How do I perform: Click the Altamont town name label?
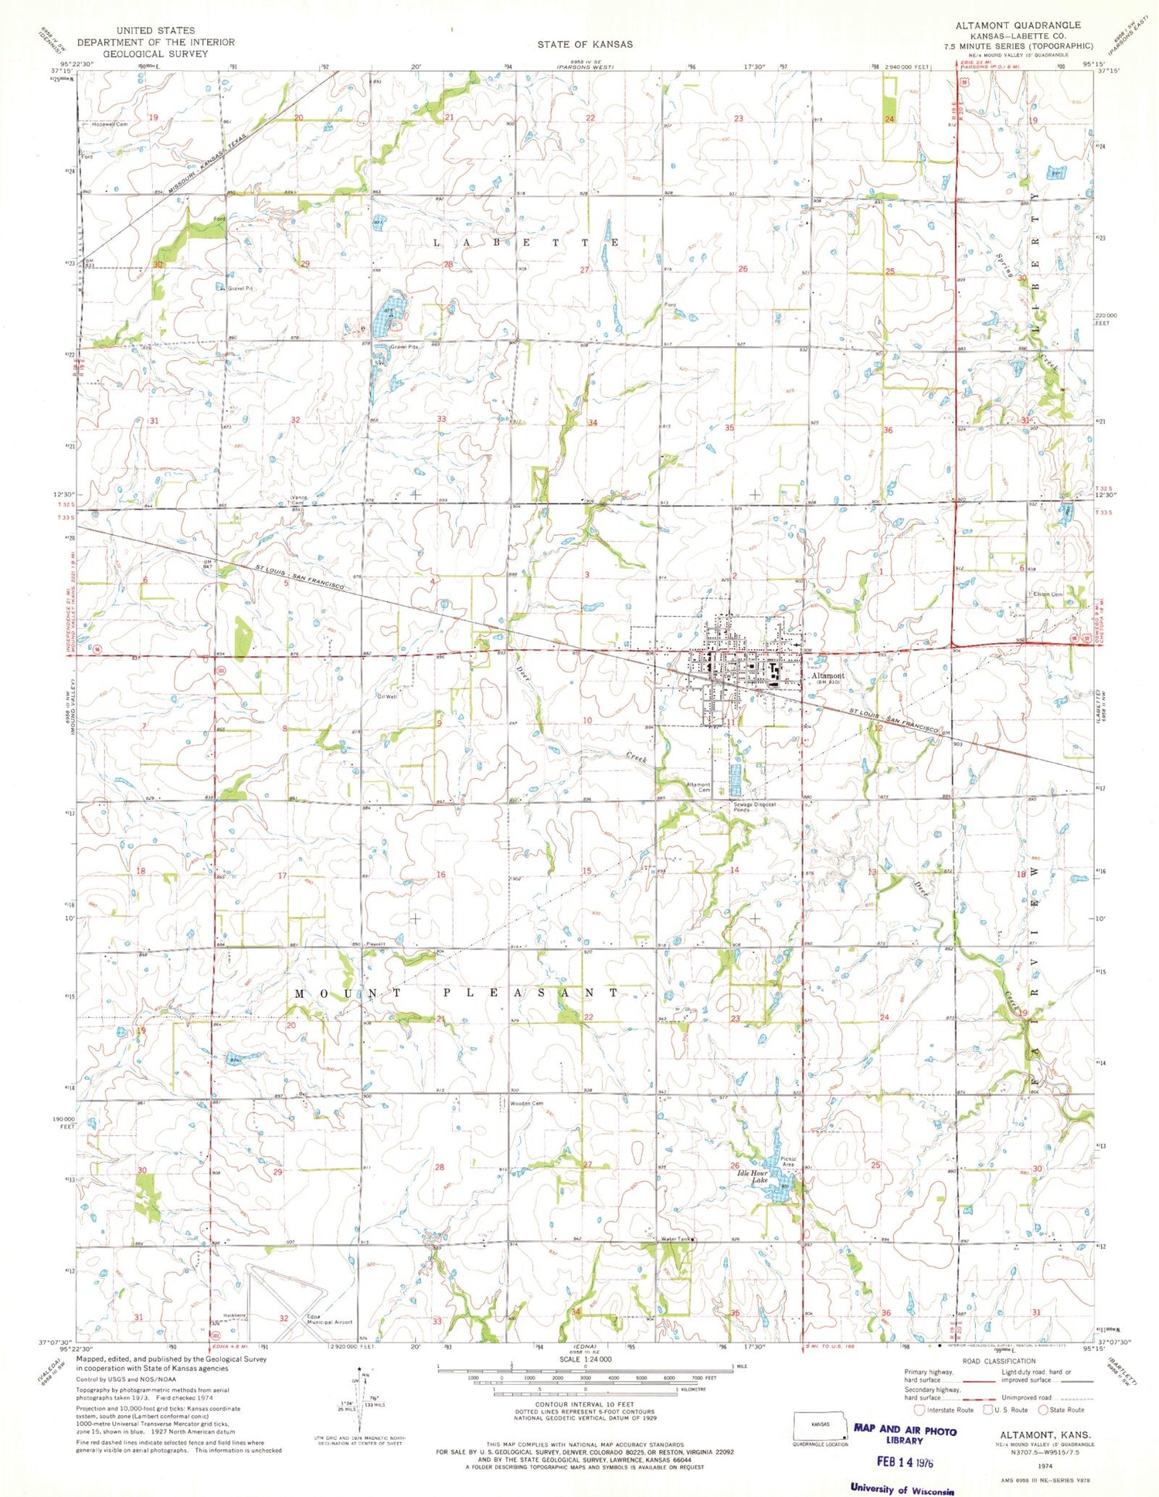click(828, 675)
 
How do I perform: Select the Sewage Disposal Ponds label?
click(754, 807)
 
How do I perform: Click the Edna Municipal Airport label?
click(329, 1319)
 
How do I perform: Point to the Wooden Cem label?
click(526, 1104)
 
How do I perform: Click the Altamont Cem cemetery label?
click(698, 787)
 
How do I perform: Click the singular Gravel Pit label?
click(240, 288)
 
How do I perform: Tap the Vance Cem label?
click(299, 500)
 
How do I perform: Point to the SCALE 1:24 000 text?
click(585, 1359)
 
